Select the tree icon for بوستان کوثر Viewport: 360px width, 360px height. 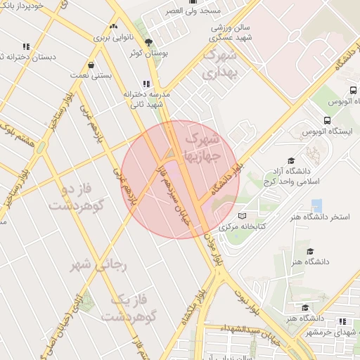[x=148, y=41]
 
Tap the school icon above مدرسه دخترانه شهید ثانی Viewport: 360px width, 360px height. [x=146, y=82]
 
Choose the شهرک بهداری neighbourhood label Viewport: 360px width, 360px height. [x=221, y=63]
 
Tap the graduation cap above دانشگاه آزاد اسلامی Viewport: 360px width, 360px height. [x=292, y=160]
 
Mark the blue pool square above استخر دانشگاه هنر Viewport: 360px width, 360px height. [x=316, y=206]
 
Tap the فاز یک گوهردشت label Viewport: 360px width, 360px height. [x=128, y=308]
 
